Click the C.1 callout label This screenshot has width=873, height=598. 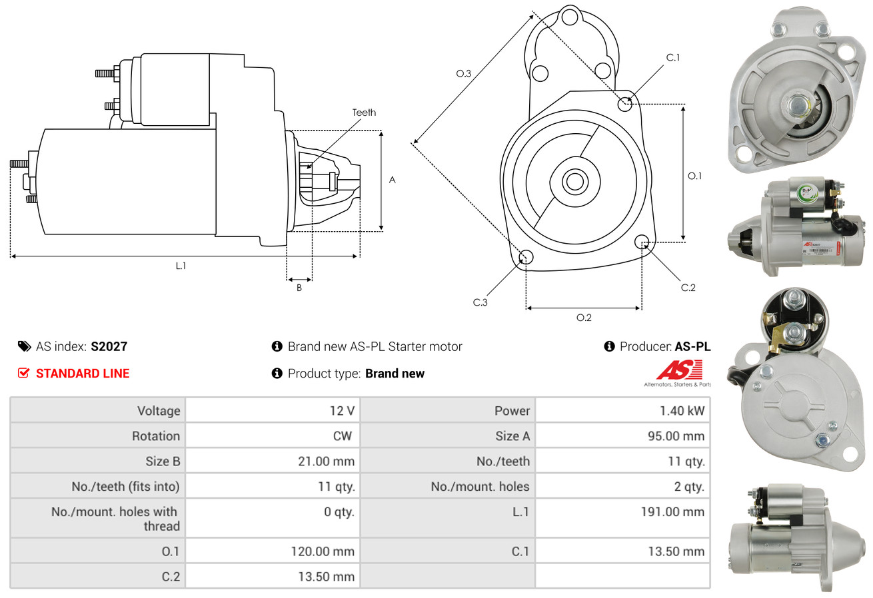673,57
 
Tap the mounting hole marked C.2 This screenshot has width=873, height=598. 642,241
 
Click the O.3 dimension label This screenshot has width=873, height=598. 464,74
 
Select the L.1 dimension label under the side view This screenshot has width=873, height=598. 181,266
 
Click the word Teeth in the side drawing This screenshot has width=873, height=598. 364,113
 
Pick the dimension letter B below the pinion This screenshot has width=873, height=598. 299,288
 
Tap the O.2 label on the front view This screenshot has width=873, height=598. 584,318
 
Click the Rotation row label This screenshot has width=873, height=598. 155,436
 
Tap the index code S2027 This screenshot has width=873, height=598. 109,346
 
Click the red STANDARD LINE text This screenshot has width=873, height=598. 83,374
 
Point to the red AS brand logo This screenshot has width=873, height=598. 679,370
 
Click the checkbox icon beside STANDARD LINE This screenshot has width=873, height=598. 24,374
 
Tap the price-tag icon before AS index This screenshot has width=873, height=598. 24,346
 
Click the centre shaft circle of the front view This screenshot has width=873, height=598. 572,181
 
